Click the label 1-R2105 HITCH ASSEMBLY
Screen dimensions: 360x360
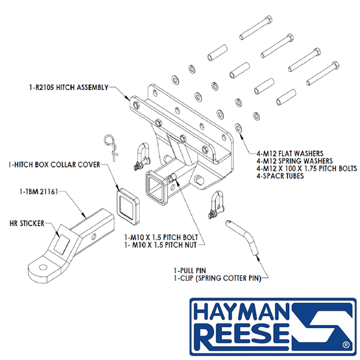point(68,88)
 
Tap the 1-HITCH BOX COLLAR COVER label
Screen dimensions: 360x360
point(54,164)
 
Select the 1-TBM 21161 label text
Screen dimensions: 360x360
point(39,191)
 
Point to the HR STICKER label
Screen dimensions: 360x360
point(27,223)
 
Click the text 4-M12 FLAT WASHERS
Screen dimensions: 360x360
point(290,154)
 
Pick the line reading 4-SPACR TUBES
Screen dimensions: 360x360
point(280,176)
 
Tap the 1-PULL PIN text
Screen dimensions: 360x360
point(190,271)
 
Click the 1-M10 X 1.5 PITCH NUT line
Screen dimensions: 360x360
point(160,245)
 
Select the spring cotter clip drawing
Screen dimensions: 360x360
point(112,148)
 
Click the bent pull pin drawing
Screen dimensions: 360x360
point(242,237)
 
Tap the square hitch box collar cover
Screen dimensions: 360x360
point(128,206)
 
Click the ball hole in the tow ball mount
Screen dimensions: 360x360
point(43,267)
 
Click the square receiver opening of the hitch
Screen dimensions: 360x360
point(156,188)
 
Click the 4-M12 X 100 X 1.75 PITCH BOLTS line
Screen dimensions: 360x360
point(307,169)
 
